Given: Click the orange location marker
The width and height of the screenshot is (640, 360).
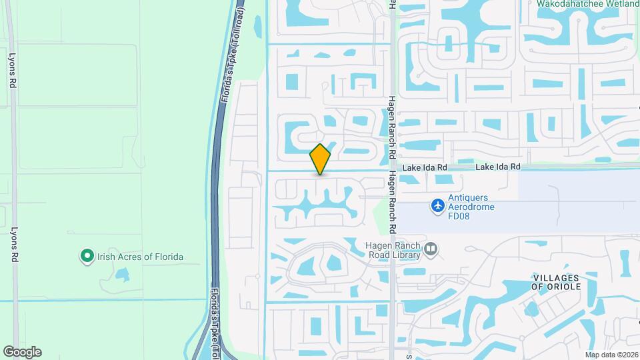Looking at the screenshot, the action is pyautogui.click(x=321, y=159).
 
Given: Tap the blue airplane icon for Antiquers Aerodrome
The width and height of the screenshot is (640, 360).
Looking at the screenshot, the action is pyautogui.click(x=437, y=205).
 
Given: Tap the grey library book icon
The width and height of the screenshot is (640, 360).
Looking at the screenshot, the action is pyautogui.click(x=431, y=249).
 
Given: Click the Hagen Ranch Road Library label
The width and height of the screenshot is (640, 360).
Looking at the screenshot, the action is pyautogui.click(x=393, y=249).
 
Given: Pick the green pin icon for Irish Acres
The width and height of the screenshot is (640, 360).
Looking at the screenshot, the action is pyautogui.click(x=86, y=256).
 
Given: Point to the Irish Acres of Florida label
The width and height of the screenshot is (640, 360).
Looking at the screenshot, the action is pyautogui.click(x=141, y=257).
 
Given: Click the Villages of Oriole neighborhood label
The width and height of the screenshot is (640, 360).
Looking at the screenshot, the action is pyautogui.click(x=557, y=281).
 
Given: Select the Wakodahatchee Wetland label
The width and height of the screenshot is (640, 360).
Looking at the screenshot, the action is pyautogui.click(x=587, y=3).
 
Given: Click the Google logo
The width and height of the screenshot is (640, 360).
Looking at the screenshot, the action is pyautogui.click(x=22, y=351).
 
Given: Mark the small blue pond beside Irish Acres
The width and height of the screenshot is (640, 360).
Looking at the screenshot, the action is pyautogui.click(x=122, y=274).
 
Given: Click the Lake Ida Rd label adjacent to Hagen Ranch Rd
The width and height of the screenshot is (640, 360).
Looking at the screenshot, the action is pyautogui.click(x=424, y=167).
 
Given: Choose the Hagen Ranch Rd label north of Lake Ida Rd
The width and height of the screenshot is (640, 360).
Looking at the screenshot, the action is pyautogui.click(x=392, y=127).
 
